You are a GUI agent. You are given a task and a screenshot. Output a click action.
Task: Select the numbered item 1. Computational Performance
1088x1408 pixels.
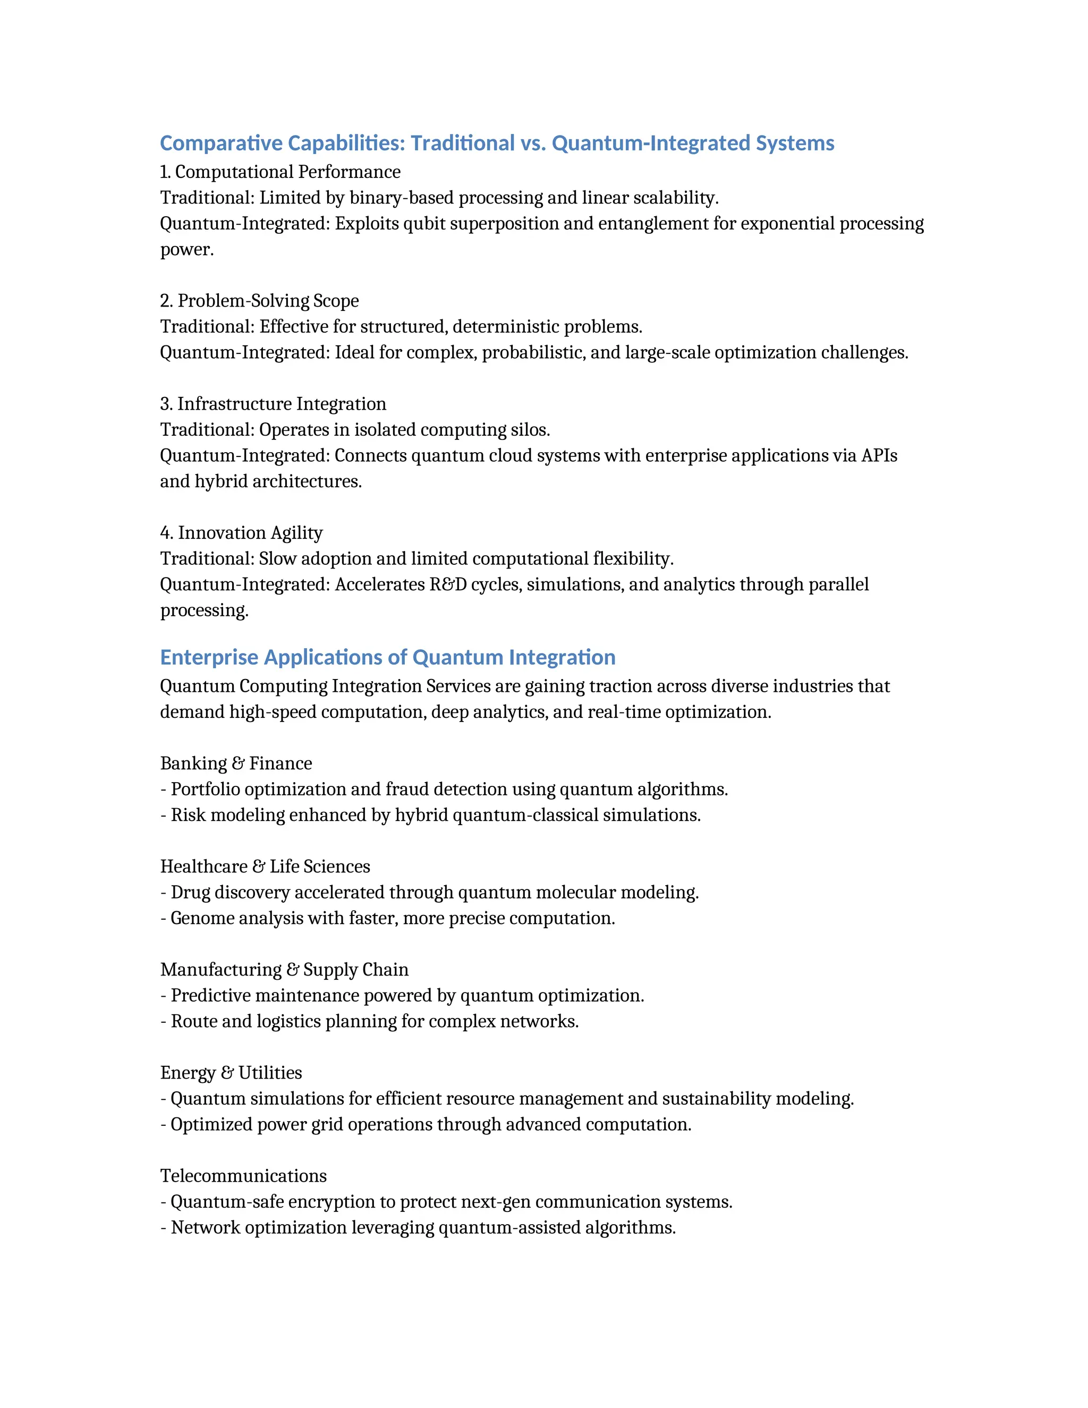tap(280, 172)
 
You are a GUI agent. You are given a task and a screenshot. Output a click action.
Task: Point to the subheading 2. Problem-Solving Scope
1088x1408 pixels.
tap(259, 301)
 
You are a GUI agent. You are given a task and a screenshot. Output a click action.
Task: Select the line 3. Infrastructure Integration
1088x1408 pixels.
tap(273, 404)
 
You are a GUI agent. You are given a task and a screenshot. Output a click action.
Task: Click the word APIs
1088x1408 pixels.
tap(879, 456)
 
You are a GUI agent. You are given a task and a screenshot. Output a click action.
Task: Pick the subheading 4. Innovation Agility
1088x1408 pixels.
tap(241, 533)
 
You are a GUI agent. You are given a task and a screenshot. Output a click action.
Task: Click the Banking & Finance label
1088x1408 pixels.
tap(236, 764)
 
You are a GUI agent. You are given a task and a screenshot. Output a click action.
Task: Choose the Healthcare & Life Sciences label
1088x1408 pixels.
tap(265, 867)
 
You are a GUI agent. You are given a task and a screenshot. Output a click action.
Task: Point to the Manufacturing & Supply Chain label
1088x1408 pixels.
tap(284, 970)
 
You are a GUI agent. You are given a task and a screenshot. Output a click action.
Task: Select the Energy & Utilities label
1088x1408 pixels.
tap(231, 1073)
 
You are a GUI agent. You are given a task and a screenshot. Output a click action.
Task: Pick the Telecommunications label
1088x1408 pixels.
tap(243, 1176)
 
